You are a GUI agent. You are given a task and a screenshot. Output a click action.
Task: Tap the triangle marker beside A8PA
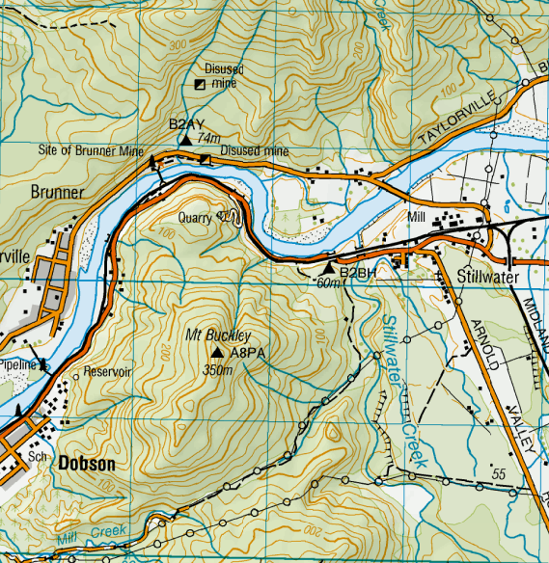pyautogui.click(x=218, y=353)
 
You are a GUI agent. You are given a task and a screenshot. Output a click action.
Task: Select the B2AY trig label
pyautogui.click(x=185, y=124)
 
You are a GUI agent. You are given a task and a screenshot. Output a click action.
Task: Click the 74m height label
pyautogui.click(x=208, y=139)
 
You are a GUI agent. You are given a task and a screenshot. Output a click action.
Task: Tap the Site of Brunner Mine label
pyautogui.click(x=90, y=151)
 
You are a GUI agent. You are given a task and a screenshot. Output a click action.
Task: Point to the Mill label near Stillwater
pyautogui.click(x=417, y=217)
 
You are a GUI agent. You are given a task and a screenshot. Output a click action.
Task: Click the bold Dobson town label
pyautogui.click(x=87, y=464)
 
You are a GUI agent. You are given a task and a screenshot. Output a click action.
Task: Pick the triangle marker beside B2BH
pyautogui.click(x=329, y=267)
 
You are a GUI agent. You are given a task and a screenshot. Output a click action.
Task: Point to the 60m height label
pyautogui.click(x=329, y=283)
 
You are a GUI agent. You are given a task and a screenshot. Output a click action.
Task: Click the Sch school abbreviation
pyautogui.click(x=39, y=456)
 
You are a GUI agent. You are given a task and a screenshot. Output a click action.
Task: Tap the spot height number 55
pyautogui.click(x=498, y=473)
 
